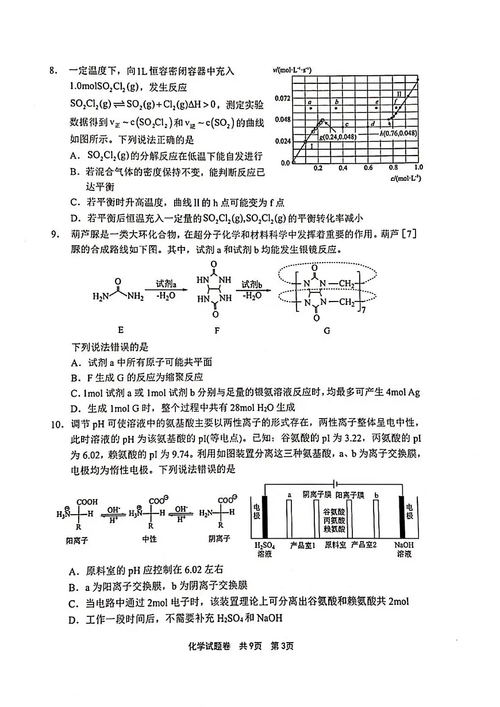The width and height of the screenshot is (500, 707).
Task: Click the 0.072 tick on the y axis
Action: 282,99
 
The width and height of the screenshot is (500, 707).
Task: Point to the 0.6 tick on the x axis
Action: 368,168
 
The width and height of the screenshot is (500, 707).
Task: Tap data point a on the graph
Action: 310,107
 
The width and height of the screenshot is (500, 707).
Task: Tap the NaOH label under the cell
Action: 405,544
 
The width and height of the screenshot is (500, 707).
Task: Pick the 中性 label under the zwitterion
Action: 149,539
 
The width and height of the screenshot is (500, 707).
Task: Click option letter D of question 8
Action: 74,218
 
